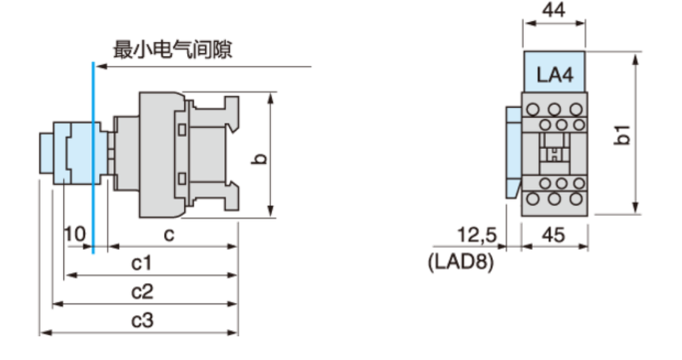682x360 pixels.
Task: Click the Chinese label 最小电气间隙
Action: [173, 49]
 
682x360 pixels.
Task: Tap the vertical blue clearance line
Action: [93, 158]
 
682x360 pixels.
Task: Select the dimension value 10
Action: [75, 234]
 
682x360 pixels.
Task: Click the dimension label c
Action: [169, 235]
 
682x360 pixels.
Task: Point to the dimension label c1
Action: [142, 263]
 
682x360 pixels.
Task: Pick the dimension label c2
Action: [142, 292]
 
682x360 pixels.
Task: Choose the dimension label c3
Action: [142, 320]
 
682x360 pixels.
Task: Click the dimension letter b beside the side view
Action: [260, 158]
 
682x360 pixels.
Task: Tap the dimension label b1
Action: [622, 134]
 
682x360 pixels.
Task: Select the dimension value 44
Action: [553, 9]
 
